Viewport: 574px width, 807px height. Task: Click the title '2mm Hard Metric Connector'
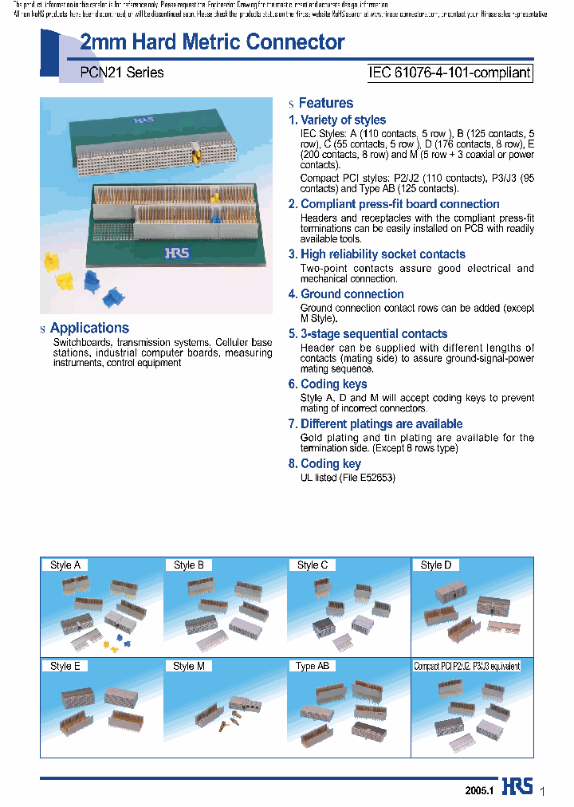(x=212, y=43)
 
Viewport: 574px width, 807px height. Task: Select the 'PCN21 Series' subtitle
(x=122, y=73)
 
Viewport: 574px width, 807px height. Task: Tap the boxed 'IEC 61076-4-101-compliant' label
(x=449, y=73)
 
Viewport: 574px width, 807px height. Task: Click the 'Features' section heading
(x=325, y=103)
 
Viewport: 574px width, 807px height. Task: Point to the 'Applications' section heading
(x=89, y=328)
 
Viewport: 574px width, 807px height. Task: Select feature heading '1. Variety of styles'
(x=337, y=120)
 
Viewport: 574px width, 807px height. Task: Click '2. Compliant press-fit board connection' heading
(x=394, y=204)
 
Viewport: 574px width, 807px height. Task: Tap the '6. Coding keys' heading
(x=328, y=384)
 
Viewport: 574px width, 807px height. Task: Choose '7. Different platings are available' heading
(x=375, y=424)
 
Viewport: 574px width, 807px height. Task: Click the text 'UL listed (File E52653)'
(x=348, y=478)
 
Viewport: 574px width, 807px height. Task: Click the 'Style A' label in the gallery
(x=65, y=565)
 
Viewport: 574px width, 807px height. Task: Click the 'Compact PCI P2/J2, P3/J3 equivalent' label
(x=466, y=666)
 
